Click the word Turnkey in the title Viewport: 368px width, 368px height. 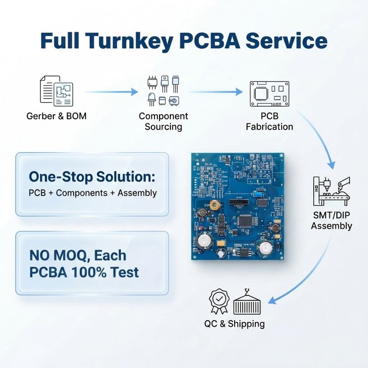click(x=130, y=41)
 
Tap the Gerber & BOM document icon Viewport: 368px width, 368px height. click(x=56, y=91)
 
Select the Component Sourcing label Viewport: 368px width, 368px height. click(x=163, y=121)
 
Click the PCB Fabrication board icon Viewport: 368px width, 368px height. click(x=270, y=94)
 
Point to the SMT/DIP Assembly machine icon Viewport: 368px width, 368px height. click(x=331, y=191)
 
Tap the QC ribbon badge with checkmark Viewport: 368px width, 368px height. click(x=219, y=301)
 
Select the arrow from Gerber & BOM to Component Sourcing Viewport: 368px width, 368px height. click(x=111, y=92)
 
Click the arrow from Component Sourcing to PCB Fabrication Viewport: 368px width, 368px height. click(x=215, y=92)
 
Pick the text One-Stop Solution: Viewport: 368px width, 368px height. click(x=92, y=177)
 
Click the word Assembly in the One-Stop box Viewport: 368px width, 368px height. click(x=137, y=193)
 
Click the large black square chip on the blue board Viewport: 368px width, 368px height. click(x=245, y=221)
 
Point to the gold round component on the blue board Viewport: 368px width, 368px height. click(x=214, y=205)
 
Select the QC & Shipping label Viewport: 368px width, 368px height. click(x=235, y=324)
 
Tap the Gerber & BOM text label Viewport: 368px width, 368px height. click(x=56, y=116)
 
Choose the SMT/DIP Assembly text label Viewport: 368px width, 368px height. click(x=331, y=220)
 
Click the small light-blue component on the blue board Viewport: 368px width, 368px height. click(x=258, y=194)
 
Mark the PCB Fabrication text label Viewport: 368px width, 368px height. click(x=270, y=121)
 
